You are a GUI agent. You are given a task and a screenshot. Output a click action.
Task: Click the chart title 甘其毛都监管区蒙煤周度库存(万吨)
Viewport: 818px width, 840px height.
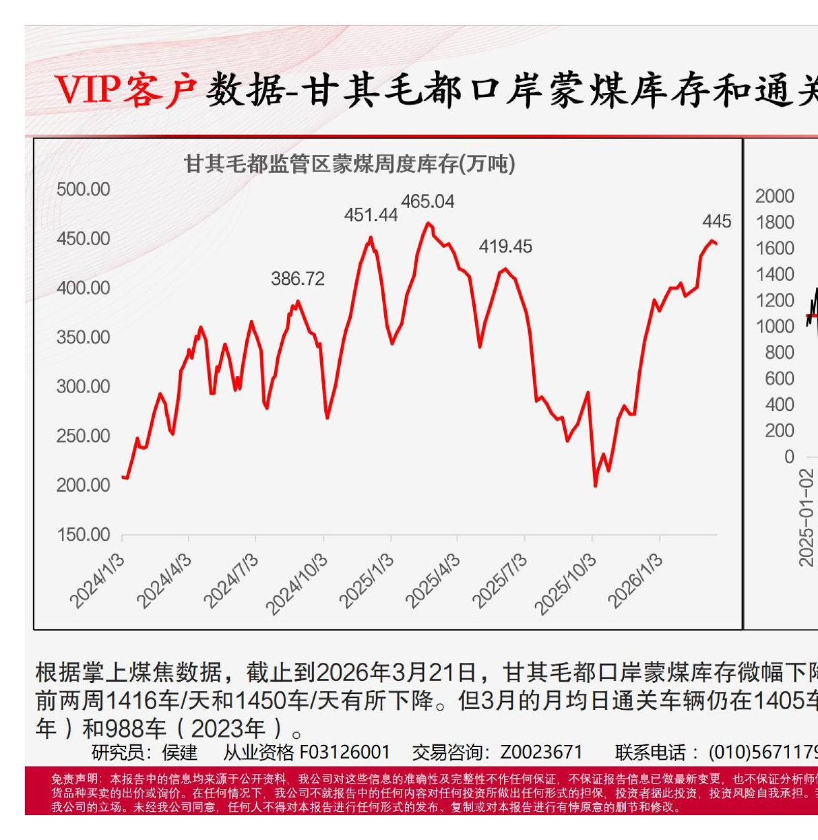coord(349,164)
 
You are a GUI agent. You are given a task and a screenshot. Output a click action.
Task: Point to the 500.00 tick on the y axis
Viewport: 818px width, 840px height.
coord(83,189)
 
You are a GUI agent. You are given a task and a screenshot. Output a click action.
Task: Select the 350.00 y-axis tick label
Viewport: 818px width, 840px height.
coord(83,337)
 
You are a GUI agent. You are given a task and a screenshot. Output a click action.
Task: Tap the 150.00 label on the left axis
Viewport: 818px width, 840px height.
coord(83,535)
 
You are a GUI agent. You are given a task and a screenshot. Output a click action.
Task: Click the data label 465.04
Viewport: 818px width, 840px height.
coord(428,202)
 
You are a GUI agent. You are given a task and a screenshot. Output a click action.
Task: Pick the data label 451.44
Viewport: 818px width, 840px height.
coord(370,216)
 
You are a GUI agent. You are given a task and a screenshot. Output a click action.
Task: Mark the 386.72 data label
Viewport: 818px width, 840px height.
coord(297,279)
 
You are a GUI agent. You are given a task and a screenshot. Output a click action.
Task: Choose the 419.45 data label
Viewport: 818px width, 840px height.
coord(505,246)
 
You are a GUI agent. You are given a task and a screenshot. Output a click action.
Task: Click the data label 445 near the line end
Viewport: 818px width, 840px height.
coord(717,222)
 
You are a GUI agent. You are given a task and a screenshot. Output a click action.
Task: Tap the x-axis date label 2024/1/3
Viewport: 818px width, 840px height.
coord(98,581)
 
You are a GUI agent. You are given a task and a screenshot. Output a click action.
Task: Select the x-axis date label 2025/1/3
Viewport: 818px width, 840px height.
coord(366,581)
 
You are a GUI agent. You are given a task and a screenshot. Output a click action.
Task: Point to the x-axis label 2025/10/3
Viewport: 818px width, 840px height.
coord(565,584)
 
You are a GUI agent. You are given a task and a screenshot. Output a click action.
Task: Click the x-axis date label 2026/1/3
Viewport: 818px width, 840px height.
coord(635,581)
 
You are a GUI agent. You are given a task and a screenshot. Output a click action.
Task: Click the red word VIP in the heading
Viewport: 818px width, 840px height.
coord(87,90)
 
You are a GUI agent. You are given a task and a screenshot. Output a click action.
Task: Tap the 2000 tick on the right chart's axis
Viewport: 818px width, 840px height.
coord(775,196)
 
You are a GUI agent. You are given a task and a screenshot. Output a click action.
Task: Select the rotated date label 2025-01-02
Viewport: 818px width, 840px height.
coord(806,517)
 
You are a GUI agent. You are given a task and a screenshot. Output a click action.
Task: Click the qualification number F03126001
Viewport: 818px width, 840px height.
coord(345,752)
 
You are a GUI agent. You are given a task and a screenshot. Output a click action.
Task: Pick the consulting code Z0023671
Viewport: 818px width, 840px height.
coord(541,752)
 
